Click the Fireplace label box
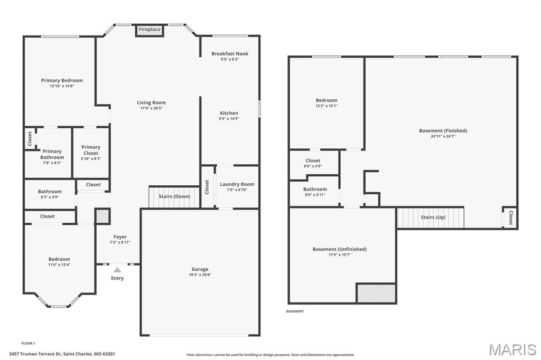[x=150, y=30]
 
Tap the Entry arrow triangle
[x=117, y=270]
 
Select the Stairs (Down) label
[x=174, y=196]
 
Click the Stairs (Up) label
[x=433, y=217]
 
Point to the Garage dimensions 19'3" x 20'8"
[x=200, y=275]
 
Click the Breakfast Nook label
[x=230, y=53]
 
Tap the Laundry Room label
[x=237, y=184]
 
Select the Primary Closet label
[x=91, y=150]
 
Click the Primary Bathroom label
[x=52, y=154]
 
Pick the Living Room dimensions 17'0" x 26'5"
[x=151, y=108]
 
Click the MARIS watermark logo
[x=512, y=349]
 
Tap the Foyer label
[x=120, y=236]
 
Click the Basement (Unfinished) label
[x=340, y=249]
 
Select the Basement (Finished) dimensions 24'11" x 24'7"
[x=443, y=136]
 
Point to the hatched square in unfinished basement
[x=376, y=293]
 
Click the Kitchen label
[x=229, y=113]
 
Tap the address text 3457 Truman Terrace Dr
[x=35, y=354]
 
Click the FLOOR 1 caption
[x=28, y=343]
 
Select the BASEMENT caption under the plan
[x=295, y=311]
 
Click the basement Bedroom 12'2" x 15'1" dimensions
[x=327, y=106]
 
